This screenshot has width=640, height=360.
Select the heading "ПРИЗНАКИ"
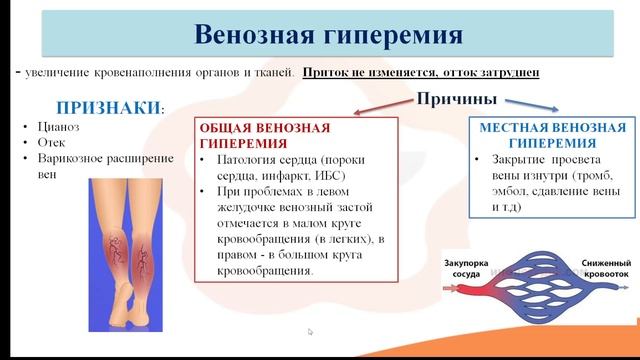click(108, 107)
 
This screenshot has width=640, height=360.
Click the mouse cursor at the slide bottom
click(310, 332)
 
